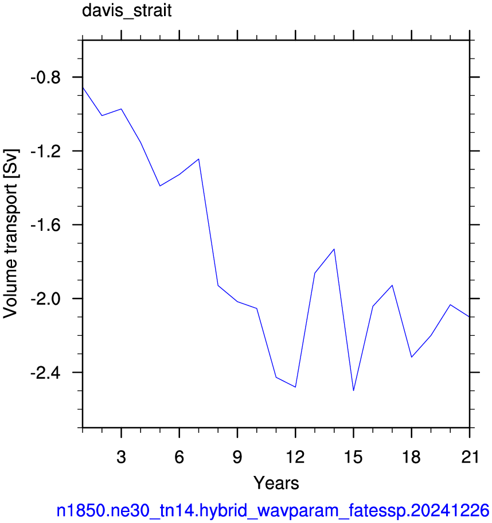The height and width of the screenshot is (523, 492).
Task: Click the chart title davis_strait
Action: [x=127, y=11]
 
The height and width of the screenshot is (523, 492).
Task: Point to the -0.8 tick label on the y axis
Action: [x=46, y=78]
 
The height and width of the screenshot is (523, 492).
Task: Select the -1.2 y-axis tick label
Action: [x=46, y=152]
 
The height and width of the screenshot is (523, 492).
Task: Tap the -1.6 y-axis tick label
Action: [x=46, y=225]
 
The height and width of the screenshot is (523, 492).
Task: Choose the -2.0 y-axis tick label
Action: [x=46, y=299]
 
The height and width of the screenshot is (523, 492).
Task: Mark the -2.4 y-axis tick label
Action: [x=46, y=373]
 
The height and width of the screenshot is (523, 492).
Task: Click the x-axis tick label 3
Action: [x=121, y=457]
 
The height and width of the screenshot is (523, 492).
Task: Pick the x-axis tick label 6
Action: [x=179, y=457]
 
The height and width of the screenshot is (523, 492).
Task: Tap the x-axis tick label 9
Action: [x=237, y=457]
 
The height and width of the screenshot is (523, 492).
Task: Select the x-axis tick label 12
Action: [x=295, y=457]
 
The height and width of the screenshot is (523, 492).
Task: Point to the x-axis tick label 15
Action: [x=353, y=457]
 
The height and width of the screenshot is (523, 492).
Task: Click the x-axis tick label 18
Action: [x=411, y=457]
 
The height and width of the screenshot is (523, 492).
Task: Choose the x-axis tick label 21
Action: [x=470, y=457]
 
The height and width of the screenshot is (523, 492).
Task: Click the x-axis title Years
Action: [x=276, y=483]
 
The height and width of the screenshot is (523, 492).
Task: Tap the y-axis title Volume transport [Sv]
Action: [x=10, y=234]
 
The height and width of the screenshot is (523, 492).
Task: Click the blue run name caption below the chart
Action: [x=273, y=511]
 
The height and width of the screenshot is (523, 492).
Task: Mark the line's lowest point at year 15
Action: [x=353, y=390]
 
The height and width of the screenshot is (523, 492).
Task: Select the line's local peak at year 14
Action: [x=334, y=249]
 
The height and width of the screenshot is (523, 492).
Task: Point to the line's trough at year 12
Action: [x=295, y=387]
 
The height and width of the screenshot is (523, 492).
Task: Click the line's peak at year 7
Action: [x=199, y=159]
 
